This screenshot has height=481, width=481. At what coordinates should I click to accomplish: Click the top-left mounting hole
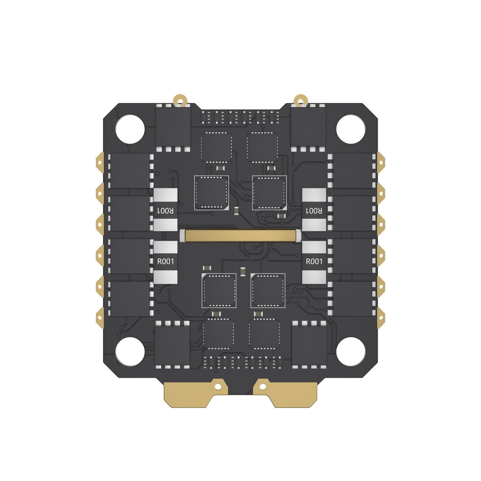point(130,129)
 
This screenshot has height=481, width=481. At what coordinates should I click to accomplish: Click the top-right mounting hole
point(351,129)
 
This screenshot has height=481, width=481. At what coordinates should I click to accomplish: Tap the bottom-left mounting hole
point(130,352)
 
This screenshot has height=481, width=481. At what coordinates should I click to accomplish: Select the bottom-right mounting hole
point(351,352)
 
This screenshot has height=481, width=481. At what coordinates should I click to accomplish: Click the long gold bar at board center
point(240,235)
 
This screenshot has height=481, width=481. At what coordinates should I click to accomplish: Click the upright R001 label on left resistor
point(165,261)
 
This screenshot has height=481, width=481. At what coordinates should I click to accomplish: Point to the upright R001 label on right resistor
point(314,261)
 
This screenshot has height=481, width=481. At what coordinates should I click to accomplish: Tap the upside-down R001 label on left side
point(165,210)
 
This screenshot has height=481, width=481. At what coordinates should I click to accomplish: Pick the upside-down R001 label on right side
point(314,210)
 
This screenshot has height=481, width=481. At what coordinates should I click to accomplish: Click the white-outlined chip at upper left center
point(211,193)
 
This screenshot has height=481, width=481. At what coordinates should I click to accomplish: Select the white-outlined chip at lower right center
point(268,291)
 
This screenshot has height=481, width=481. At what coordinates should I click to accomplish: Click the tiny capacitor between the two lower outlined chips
point(243,272)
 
